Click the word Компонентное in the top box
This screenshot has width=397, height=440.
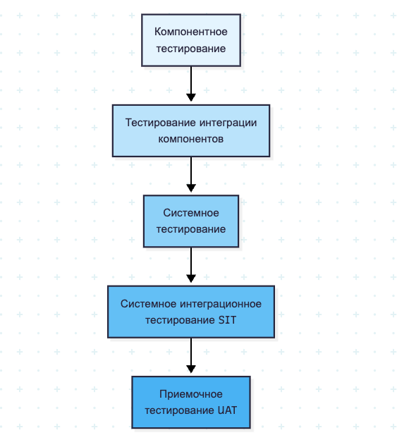click(190, 32)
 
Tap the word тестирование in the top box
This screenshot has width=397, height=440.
click(190, 49)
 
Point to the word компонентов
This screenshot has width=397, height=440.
click(191, 139)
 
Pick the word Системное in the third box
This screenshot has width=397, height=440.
click(191, 213)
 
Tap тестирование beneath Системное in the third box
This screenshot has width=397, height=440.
click(191, 229)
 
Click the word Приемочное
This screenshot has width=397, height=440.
click(191, 394)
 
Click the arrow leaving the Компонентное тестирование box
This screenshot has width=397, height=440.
click(191, 83)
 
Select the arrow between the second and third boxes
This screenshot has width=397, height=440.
click(191, 173)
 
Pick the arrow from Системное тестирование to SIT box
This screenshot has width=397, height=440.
click(191, 264)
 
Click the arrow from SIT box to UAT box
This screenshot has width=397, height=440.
click(191, 355)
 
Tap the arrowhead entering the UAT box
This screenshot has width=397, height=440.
click(191, 370)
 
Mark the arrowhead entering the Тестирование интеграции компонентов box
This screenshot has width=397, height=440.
click(191, 99)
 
